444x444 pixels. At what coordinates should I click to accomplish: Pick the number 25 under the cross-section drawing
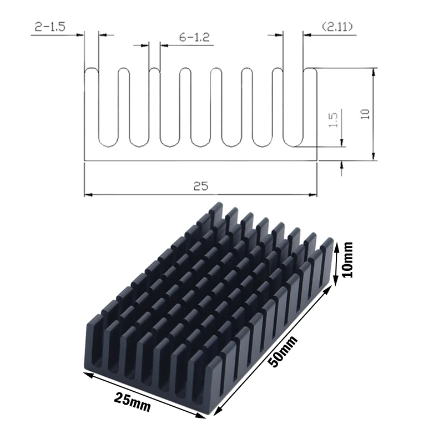pos(200,186)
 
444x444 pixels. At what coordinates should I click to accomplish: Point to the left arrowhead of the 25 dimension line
pos(87,195)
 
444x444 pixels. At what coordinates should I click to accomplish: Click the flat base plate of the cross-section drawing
pos(200,155)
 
